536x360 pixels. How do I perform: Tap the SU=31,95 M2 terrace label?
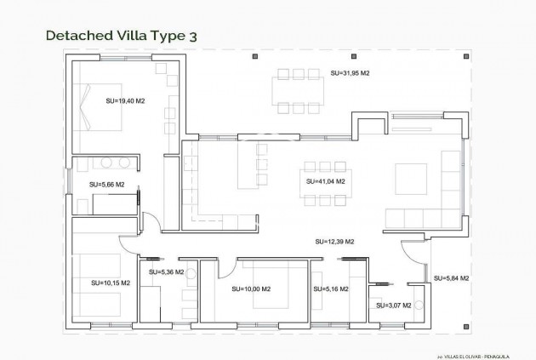click(x=350, y=74)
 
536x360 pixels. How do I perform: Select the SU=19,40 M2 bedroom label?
click(x=125, y=101)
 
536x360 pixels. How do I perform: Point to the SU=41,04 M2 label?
click(x=325, y=181)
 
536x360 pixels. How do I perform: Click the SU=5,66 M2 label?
click(x=107, y=184)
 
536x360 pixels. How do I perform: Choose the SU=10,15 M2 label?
click(x=111, y=283)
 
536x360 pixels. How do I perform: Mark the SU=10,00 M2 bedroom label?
click(x=251, y=289)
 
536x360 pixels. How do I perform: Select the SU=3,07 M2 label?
click(x=392, y=305)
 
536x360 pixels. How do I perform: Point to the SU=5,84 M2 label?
click(x=452, y=278)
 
